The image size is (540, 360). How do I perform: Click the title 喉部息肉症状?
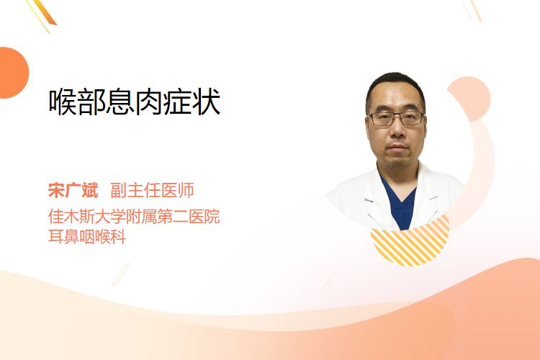(x=135, y=102)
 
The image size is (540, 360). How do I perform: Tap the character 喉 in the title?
(x=63, y=102)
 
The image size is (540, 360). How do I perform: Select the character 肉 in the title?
(x=148, y=102)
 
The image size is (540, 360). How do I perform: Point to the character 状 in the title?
(x=207, y=102)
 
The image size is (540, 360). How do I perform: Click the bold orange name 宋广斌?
(x=73, y=191)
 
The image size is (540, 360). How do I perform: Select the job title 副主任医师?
(x=152, y=191)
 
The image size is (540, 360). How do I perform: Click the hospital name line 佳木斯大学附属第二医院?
(x=134, y=216)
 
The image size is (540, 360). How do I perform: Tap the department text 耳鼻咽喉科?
(x=87, y=237)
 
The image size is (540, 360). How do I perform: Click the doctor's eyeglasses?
(x=396, y=119)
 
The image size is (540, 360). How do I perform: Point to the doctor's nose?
(x=397, y=131)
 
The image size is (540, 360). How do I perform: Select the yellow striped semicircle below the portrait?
(x=410, y=243)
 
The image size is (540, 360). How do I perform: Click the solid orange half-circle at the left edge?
(x=13, y=73)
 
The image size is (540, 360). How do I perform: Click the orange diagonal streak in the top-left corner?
(x=44, y=12)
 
